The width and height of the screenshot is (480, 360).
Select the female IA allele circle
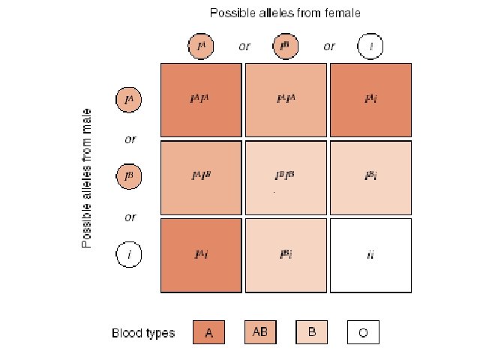pyautogui.click(x=200, y=46)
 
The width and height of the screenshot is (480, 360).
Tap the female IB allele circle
pyautogui.click(x=286, y=46)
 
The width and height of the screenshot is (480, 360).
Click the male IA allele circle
pyautogui.click(x=129, y=99)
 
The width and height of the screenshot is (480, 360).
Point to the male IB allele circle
pyautogui.click(x=129, y=177)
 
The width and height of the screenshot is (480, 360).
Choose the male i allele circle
pyautogui.click(x=129, y=255)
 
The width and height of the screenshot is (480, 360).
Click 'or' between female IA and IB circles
pyautogui.click(x=244, y=46)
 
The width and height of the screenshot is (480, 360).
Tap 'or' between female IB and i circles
pyautogui.click(x=329, y=46)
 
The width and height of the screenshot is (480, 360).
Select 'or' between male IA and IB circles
pyautogui.click(x=130, y=139)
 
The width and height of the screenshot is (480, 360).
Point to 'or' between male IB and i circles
pyautogui.click(x=130, y=217)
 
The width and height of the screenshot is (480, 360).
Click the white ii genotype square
pyautogui.click(x=370, y=255)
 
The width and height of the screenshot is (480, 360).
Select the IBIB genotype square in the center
pyautogui.click(x=285, y=177)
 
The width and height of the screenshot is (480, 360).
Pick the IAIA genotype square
pyautogui.click(x=200, y=99)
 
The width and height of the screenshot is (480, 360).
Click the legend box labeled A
pyautogui.click(x=209, y=332)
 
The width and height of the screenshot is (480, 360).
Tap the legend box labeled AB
pyautogui.click(x=260, y=332)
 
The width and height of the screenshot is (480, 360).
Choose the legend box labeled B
pyautogui.click(x=311, y=332)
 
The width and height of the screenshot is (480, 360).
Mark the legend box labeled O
pyautogui.click(x=363, y=332)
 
